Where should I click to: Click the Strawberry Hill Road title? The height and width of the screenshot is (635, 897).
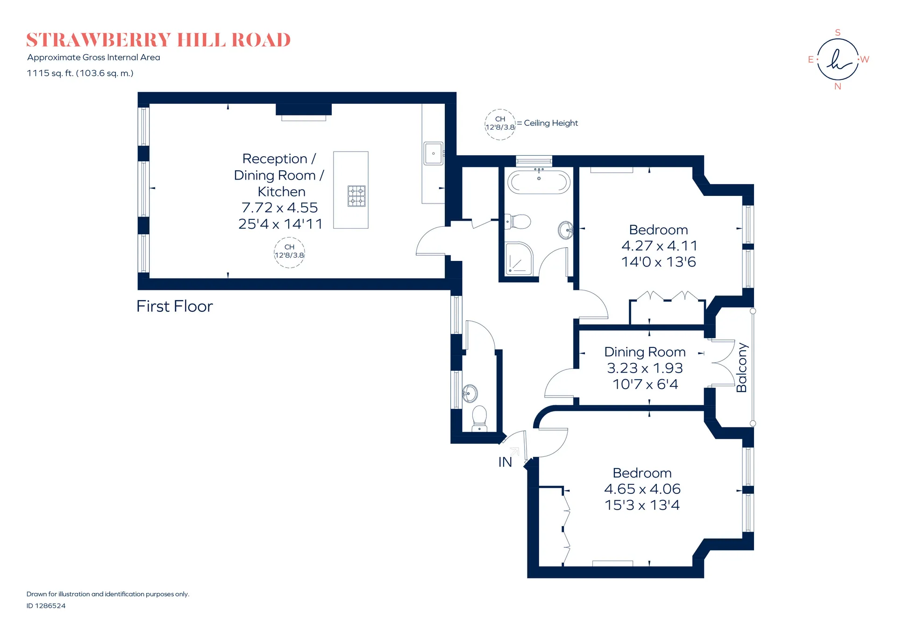click(158, 40)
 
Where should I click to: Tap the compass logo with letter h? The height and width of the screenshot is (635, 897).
click(838, 59)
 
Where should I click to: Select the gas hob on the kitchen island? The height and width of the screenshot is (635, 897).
click(356, 196)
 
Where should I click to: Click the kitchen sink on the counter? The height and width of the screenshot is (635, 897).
click(433, 153)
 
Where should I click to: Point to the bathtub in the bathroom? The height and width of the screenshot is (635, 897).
click(539, 182)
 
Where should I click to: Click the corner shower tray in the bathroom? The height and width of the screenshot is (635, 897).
click(519, 258)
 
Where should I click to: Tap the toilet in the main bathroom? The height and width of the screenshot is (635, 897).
click(518, 221)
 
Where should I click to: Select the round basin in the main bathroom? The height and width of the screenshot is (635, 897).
click(566, 230)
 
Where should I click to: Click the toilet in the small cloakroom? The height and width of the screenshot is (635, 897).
click(479, 418)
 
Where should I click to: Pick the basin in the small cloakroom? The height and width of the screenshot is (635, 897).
click(470, 393)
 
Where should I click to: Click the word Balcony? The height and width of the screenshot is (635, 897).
click(742, 368)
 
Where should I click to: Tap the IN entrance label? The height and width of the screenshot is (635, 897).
click(505, 462)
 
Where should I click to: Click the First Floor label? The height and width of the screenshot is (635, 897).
click(175, 306)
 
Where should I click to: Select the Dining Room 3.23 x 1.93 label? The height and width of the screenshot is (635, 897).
click(645, 360)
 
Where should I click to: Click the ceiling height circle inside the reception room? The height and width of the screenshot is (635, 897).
click(289, 253)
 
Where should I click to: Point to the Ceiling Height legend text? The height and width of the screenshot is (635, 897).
click(551, 123)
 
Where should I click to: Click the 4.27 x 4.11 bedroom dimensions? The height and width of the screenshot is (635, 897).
click(659, 246)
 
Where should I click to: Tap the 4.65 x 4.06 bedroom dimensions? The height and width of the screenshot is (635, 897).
click(642, 489)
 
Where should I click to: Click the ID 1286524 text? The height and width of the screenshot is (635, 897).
click(46, 606)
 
